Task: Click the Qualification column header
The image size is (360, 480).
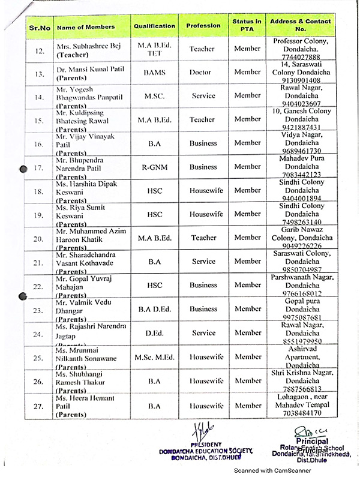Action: (154, 26)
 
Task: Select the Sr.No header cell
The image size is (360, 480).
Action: (40, 27)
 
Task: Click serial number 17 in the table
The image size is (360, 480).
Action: (40, 168)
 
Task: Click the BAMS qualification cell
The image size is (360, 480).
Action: (154, 72)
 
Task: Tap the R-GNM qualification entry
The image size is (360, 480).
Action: (154, 167)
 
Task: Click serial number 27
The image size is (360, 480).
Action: (40, 406)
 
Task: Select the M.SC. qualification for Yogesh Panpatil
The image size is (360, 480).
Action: (154, 95)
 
